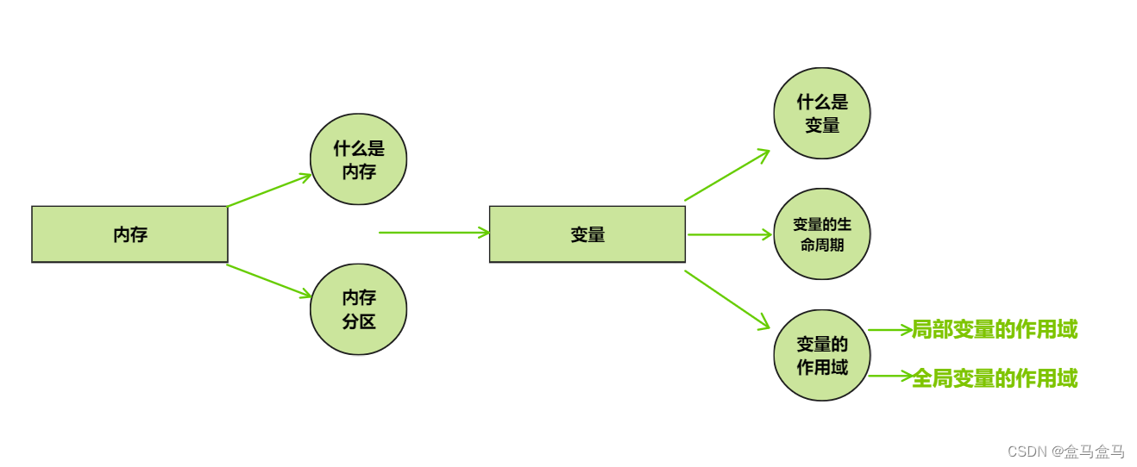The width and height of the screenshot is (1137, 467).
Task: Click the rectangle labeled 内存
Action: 129,234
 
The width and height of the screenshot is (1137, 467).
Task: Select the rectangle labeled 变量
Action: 587,234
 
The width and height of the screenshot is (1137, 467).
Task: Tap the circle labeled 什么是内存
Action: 358,159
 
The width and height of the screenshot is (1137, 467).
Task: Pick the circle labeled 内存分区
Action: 358,309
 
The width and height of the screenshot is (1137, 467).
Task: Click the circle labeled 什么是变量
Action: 821,114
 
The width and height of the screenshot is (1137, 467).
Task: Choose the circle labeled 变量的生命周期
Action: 821,234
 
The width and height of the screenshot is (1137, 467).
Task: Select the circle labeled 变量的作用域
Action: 821,355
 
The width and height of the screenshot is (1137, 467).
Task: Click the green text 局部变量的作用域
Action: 994,329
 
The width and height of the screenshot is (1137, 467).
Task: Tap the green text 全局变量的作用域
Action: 994,378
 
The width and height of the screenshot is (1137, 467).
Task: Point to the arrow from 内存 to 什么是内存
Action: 268,190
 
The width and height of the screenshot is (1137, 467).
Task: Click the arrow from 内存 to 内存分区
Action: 268,281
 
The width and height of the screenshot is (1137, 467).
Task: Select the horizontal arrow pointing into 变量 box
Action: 434,233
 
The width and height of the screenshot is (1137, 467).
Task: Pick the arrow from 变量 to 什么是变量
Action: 726,175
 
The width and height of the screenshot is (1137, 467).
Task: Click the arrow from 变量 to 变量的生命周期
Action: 729,234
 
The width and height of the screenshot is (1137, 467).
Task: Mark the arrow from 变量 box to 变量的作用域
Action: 726,299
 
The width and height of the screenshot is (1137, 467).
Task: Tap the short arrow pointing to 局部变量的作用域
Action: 889,329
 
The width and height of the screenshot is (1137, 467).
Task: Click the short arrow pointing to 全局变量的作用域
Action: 889,376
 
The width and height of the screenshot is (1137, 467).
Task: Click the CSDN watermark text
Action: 1065,451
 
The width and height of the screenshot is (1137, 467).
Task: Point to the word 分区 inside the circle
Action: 359,321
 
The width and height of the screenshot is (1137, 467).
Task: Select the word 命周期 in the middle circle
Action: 821,245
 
